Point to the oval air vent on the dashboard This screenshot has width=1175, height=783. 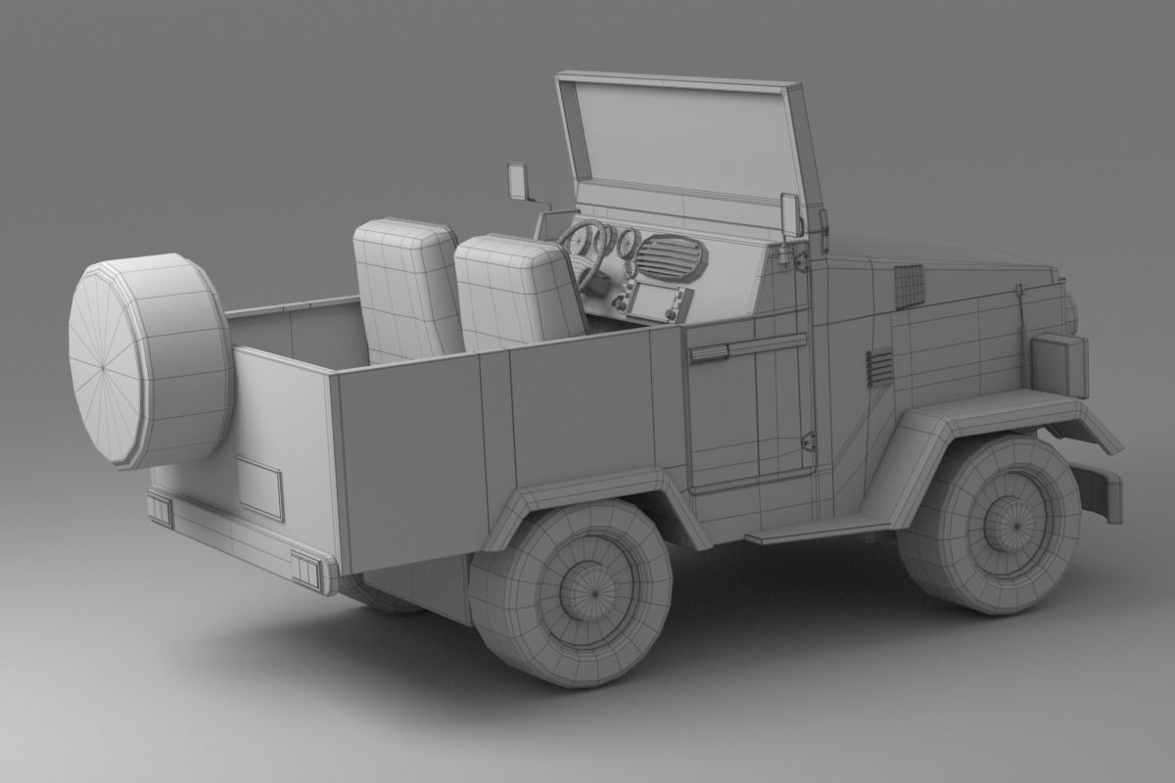coord(670,257)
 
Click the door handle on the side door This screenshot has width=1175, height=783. coord(707,353)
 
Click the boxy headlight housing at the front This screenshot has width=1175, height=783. coord(1059,364)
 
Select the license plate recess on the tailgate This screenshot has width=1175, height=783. coord(259,485)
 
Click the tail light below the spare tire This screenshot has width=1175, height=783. coord(161,510)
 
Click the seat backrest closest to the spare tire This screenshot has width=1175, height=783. coord(406,289)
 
